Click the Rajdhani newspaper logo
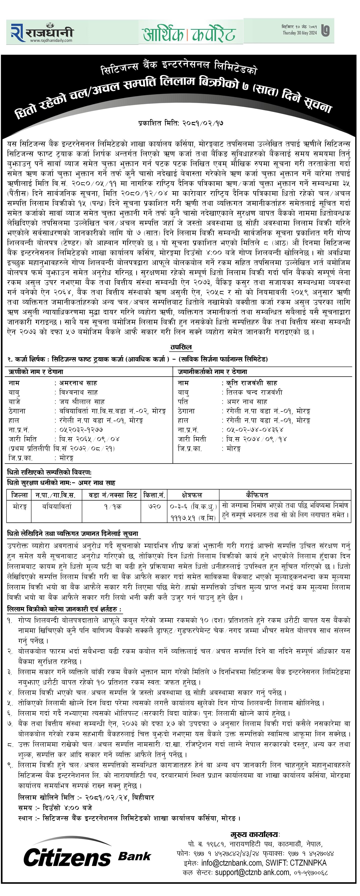point(42,32)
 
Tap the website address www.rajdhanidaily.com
point(51,40)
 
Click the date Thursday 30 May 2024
point(299,33)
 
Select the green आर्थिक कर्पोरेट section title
point(189,34)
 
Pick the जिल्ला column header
point(19,494)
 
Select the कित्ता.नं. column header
point(154,494)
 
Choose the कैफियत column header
point(257,494)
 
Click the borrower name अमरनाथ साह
point(78,383)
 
